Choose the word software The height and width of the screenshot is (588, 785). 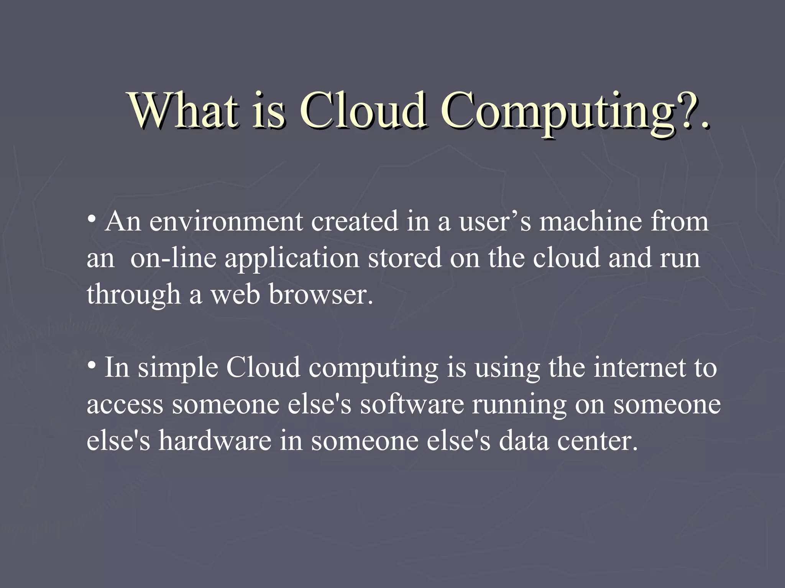pyautogui.click(x=412, y=404)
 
